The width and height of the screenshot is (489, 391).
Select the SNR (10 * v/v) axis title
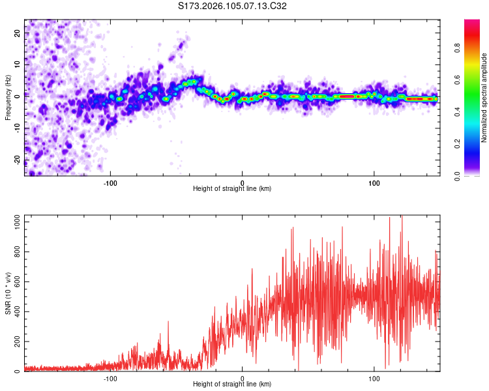point(8,293)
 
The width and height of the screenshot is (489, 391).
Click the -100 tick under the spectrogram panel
point(110,182)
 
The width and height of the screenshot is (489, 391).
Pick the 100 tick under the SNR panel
point(375,377)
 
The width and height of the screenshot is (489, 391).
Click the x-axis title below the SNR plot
point(232,384)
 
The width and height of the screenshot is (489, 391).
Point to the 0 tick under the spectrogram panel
point(243,182)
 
